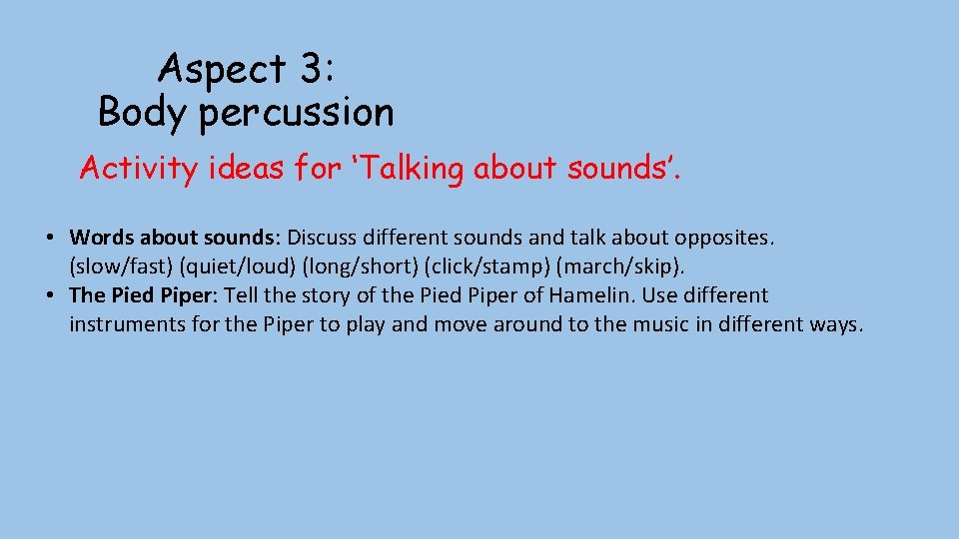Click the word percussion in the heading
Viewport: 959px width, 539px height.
point(297,114)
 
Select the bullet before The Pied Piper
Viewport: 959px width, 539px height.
point(49,296)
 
